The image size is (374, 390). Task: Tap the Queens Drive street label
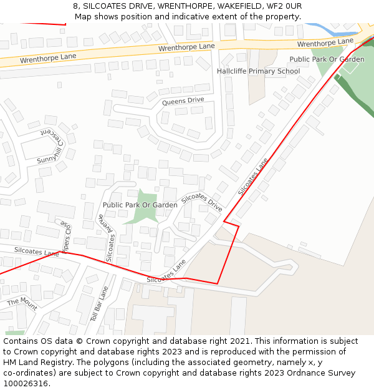(183, 100)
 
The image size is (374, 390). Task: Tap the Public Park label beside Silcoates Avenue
(140, 205)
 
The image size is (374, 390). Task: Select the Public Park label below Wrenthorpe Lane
(327, 59)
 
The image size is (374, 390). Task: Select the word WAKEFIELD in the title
(237, 6)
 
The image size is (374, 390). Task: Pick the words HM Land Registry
(32, 363)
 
